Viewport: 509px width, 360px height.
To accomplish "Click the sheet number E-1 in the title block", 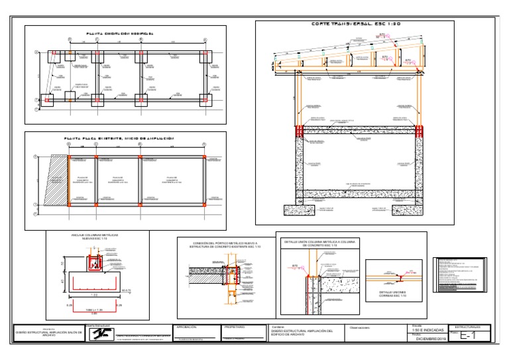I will point(468,336).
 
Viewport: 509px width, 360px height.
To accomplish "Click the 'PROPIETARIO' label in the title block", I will point(235,327).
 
